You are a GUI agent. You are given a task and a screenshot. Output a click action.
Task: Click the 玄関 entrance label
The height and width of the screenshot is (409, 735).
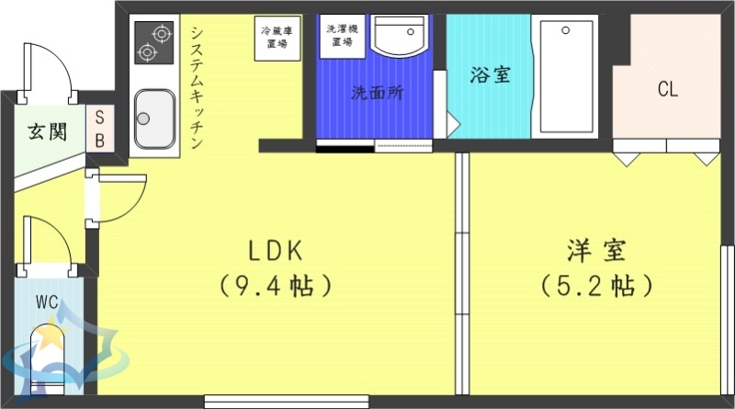(x=46, y=131)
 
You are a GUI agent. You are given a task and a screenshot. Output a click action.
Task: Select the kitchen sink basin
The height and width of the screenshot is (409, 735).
(x=154, y=119)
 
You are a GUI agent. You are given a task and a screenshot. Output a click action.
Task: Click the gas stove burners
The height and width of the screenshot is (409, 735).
(x=153, y=42)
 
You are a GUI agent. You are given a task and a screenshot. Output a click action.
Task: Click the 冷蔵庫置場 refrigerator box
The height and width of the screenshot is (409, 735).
(x=277, y=38)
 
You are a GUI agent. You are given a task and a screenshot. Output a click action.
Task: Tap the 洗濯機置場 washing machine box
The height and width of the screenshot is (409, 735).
(x=345, y=36)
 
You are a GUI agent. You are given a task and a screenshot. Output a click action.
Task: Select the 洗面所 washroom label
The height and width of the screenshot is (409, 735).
(x=377, y=93)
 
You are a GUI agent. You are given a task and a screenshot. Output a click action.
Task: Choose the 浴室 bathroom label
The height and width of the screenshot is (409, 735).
(x=490, y=75)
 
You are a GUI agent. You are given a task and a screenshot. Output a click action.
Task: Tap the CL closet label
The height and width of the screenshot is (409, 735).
(x=667, y=89)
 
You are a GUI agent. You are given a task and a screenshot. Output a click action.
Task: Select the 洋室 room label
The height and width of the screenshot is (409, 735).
(x=596, y=250)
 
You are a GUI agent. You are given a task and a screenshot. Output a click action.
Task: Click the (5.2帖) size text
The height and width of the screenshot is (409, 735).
(x=596, y=286)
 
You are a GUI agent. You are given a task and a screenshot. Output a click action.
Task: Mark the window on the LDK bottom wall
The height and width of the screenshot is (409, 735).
(x=287, y=401)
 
